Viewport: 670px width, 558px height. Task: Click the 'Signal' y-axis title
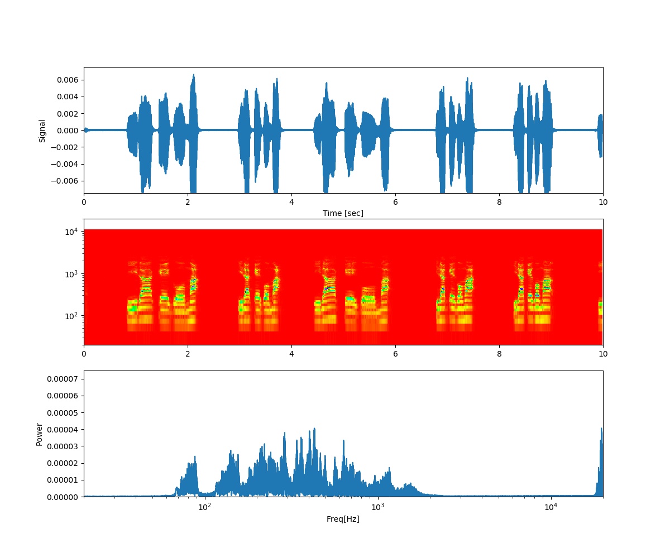coord(42,131)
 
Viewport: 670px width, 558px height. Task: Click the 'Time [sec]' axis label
coord(343,213)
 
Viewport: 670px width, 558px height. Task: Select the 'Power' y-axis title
coord(39,434)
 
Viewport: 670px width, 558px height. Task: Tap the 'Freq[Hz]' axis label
coord(343,519)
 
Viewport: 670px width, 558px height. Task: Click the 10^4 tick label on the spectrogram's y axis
coord(73,231)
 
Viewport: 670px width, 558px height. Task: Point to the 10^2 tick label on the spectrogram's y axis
coord(73,316)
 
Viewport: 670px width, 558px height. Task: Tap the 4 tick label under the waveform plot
coord(291,204)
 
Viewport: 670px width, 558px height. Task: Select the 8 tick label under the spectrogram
coord(499,355)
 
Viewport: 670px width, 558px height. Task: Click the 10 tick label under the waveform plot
coord(602,204)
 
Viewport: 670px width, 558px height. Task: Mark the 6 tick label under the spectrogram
coord(395,355)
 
